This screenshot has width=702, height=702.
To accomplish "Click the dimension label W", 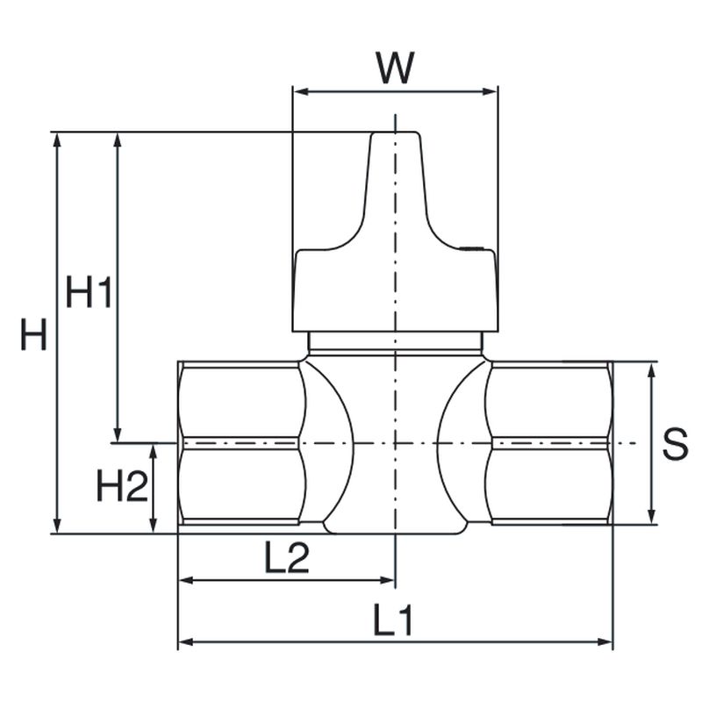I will tap(394, 68).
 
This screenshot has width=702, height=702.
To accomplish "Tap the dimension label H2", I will tap(121, 485).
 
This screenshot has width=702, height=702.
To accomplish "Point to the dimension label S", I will tap(674, 444).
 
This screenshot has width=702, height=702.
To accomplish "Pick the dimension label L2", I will tap(287, 558).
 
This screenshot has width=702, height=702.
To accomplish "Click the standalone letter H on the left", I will tap(34, 335).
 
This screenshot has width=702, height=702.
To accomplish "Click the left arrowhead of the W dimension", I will tap(298, 90).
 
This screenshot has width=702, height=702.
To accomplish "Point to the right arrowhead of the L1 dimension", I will tap(605, 642).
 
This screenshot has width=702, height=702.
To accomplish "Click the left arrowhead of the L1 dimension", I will tap(185, 642).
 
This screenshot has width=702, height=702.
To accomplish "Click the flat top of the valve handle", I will tap(395, 133).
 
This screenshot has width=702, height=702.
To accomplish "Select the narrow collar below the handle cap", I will tap(395, 340).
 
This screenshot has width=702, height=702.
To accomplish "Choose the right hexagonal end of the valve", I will tap(549, 443).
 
